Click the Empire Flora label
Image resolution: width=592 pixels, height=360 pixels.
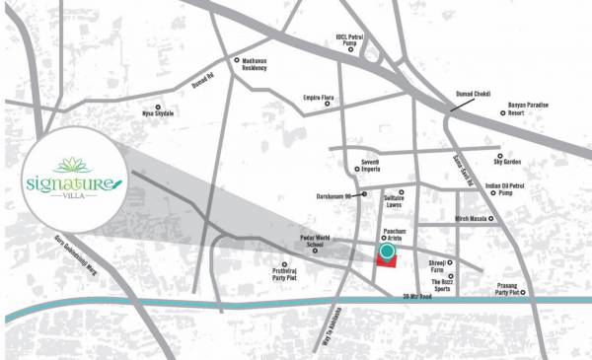(320, 99)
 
